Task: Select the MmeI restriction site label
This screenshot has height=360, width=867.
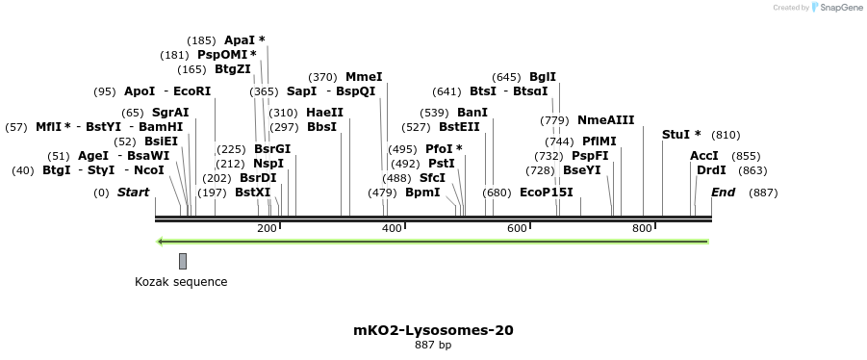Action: [x=364, y=77]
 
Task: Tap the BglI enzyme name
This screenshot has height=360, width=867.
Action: [x=543, y=77]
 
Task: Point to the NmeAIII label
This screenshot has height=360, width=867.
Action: [x=605, y=120]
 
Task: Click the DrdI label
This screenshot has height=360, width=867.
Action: [x=711, y=170]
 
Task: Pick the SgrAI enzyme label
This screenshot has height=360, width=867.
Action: [x=170, y=113]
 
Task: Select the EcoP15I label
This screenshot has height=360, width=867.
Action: [x=546, y=193]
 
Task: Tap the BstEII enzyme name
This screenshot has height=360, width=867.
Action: [x=459, y=127]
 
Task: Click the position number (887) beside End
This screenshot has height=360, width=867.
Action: [x=763, y=193]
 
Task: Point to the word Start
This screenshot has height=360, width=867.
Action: [x=133, y=193]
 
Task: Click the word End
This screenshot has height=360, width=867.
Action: [x=723, y=193]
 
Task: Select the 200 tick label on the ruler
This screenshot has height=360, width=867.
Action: [x=267, y=228]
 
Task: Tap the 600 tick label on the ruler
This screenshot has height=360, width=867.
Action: [x=517, y=228]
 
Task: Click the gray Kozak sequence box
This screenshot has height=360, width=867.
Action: [x=183, y=261]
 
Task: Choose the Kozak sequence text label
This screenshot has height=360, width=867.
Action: [x=181, y=282]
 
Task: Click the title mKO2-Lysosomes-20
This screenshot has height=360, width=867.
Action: [x=433, y=330]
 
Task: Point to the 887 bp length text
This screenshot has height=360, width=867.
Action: [x=433, y=345]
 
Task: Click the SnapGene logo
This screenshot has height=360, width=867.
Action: [x=836, y=8]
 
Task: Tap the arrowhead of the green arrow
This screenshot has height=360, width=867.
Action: [x=162, y=242]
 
